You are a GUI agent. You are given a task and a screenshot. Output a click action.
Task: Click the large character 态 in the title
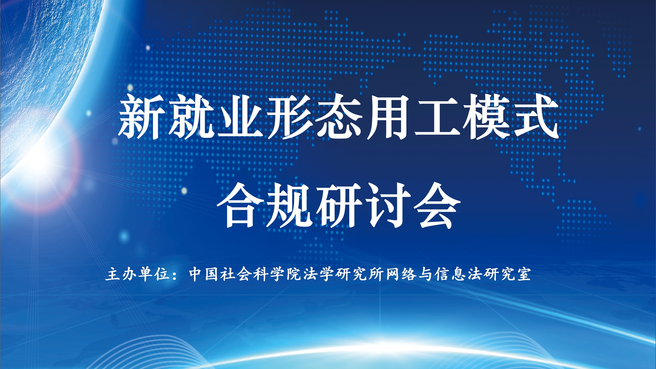click(339, 116)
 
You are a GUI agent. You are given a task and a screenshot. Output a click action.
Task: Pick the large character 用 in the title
click(388, 117)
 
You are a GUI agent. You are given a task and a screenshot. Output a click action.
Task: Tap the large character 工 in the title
click(438, 116)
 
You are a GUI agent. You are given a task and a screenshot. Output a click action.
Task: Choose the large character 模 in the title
click(487, 116)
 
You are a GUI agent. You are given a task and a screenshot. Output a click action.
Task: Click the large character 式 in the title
click(536, 116)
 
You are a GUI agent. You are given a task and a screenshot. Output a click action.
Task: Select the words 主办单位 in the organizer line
click(138, 274)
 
